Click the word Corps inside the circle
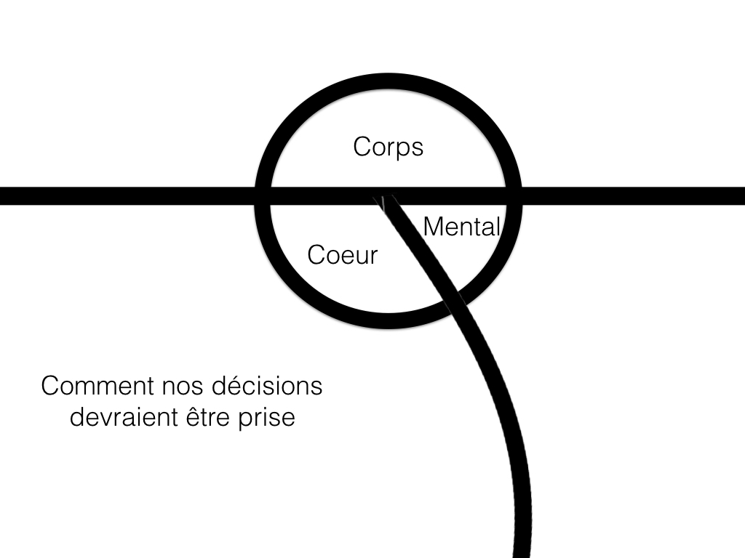(x=389, y=147)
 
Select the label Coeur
(x=343, y=255)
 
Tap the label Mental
(x=461, y=227)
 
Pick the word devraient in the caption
(x=124, y=417)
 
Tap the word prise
(x=266, y=418)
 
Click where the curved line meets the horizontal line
(x=386, y=197)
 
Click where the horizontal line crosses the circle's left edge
(x=263, y=196)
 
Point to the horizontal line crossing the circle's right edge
(x=514, y=196)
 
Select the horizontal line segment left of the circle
(x=127, y=196)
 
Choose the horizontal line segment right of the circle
(x=634, y=196)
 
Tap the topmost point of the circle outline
(x=389, y=81)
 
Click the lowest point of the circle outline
(x=389, y=321)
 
